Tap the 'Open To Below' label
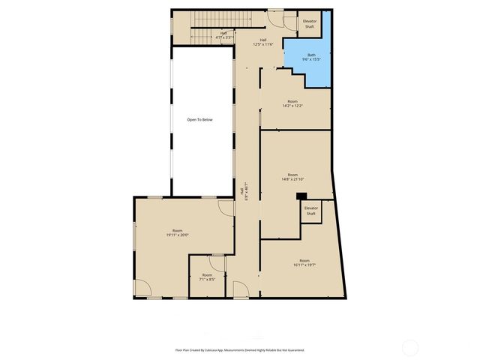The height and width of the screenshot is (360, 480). click(x=200, y=120)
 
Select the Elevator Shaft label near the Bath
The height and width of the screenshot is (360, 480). click(x=309, y=24)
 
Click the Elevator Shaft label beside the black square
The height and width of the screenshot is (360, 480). click(x=311, y=211)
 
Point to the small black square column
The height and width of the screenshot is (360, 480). click(x=301, y=196)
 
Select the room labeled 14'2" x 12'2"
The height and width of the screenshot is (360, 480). click(x=292, y=103)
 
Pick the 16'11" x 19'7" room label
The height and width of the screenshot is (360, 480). click(x=304, y=262)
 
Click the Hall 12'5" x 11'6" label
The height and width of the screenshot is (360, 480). click(x=263, y=42)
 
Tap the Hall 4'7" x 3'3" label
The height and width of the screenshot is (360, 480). click(x=223, y=35)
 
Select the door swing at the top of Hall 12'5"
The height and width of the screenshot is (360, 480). click(x=276, y=20)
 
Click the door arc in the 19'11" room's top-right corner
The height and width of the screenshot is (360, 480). click(x=226, y=208)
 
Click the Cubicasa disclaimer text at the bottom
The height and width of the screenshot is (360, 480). click(x=240, y=349)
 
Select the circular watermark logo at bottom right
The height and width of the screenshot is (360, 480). click(x=410, y=347)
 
